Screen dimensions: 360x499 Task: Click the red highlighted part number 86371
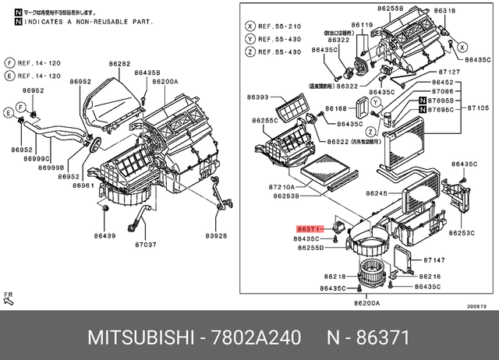308,229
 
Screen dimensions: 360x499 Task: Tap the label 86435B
147,72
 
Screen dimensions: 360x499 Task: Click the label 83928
216,236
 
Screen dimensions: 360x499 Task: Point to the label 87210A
283,188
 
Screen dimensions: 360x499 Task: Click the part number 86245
377,194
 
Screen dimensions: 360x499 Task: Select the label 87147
434,259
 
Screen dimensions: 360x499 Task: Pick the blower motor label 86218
335,277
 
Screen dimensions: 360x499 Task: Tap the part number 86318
445,11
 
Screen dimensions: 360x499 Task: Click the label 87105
478,108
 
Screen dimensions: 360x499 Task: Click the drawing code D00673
477,305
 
